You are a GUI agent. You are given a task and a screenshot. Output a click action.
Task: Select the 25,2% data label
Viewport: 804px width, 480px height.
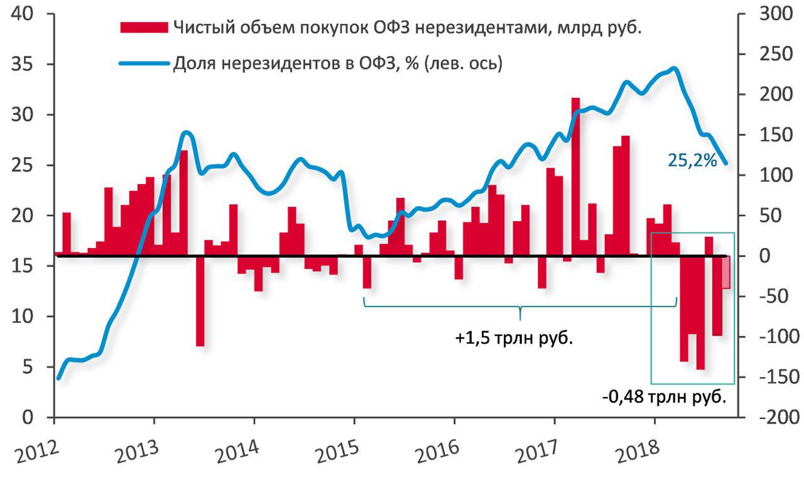pyautogui.click(x=692, y=161)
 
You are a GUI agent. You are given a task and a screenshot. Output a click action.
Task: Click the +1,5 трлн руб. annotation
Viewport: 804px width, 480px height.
pyautogui.click(x=515, y=338)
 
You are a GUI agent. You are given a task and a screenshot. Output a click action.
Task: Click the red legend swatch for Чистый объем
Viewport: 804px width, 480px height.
pyautogui.click(x=143, y=27)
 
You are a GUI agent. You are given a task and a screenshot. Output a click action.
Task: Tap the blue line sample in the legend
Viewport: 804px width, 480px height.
pyautogui.click(x=143, y=63)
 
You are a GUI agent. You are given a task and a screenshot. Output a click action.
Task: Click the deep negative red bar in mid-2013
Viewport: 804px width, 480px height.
pyautogui.click(x=200, y=302)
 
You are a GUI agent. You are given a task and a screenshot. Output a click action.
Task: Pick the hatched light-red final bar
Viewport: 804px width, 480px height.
pyautogui.click(x=726, y=272)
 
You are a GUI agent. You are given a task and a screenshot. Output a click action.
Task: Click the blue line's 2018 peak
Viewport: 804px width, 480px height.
pyautogui.click(x=673, y=68)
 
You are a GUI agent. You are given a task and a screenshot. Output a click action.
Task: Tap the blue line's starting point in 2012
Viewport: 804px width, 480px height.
pyautogui.click(x=58, y=378)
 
